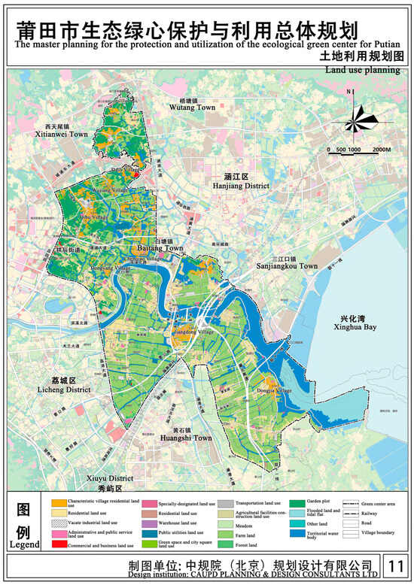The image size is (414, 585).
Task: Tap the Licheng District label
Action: coord(63,390)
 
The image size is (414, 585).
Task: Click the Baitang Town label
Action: coord(161,247)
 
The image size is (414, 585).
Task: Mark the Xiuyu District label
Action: coord(110,478)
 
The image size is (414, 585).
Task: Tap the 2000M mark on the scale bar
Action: coord(381,150)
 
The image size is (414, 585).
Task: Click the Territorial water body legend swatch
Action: coord(297,534)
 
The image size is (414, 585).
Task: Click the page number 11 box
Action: coord(393,565)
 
